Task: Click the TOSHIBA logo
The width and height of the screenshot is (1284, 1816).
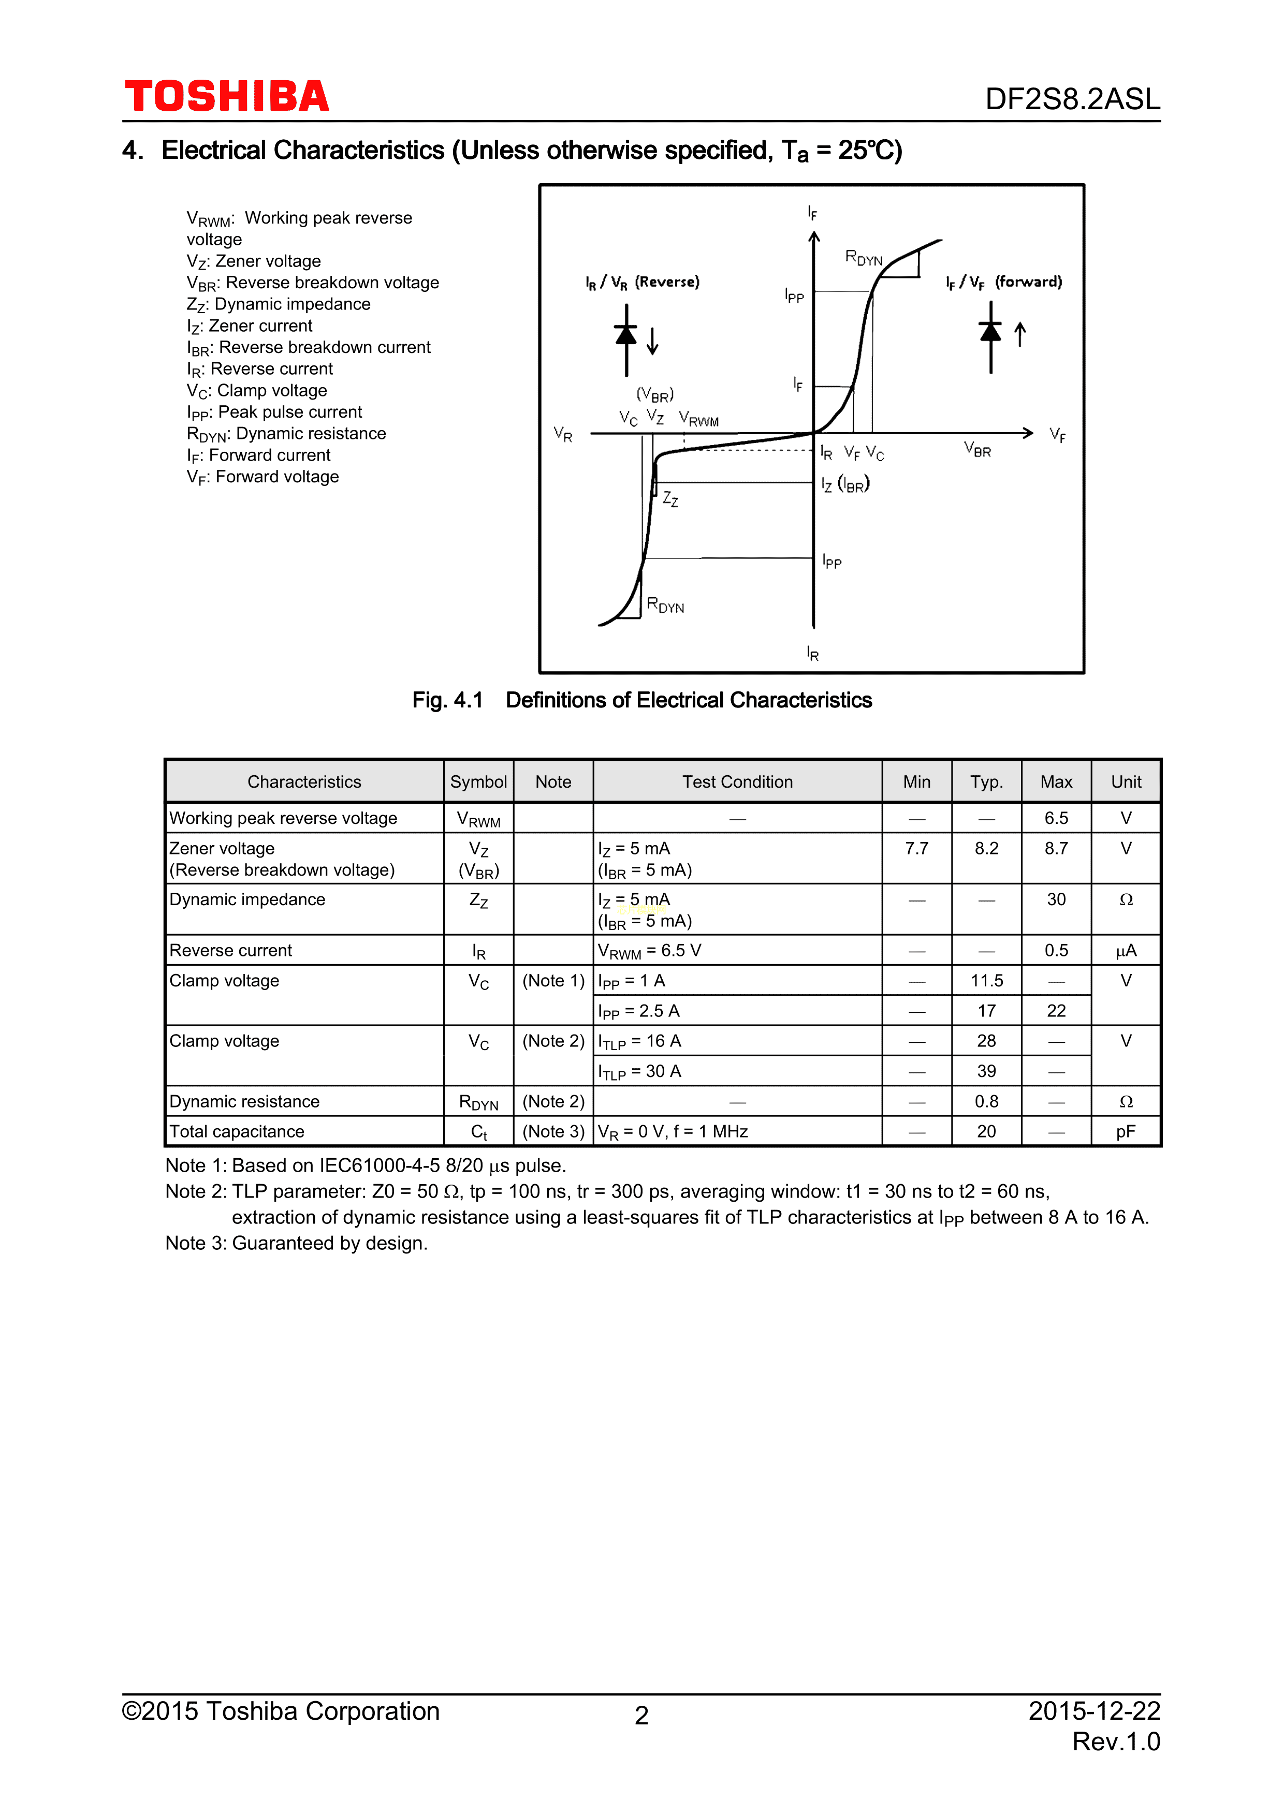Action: pos(227,96)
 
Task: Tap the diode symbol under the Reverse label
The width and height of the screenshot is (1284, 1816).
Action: pos(626,337)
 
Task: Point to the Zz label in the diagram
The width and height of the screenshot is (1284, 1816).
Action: pos(670,499)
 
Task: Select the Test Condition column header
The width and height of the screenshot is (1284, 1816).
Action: pos(737,782)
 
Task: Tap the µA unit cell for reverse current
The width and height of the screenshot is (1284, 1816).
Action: pos(1126,951)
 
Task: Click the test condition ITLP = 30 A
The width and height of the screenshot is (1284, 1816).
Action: pos(639,1072)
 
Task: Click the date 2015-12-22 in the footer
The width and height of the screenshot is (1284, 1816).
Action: pos(1093,1711)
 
